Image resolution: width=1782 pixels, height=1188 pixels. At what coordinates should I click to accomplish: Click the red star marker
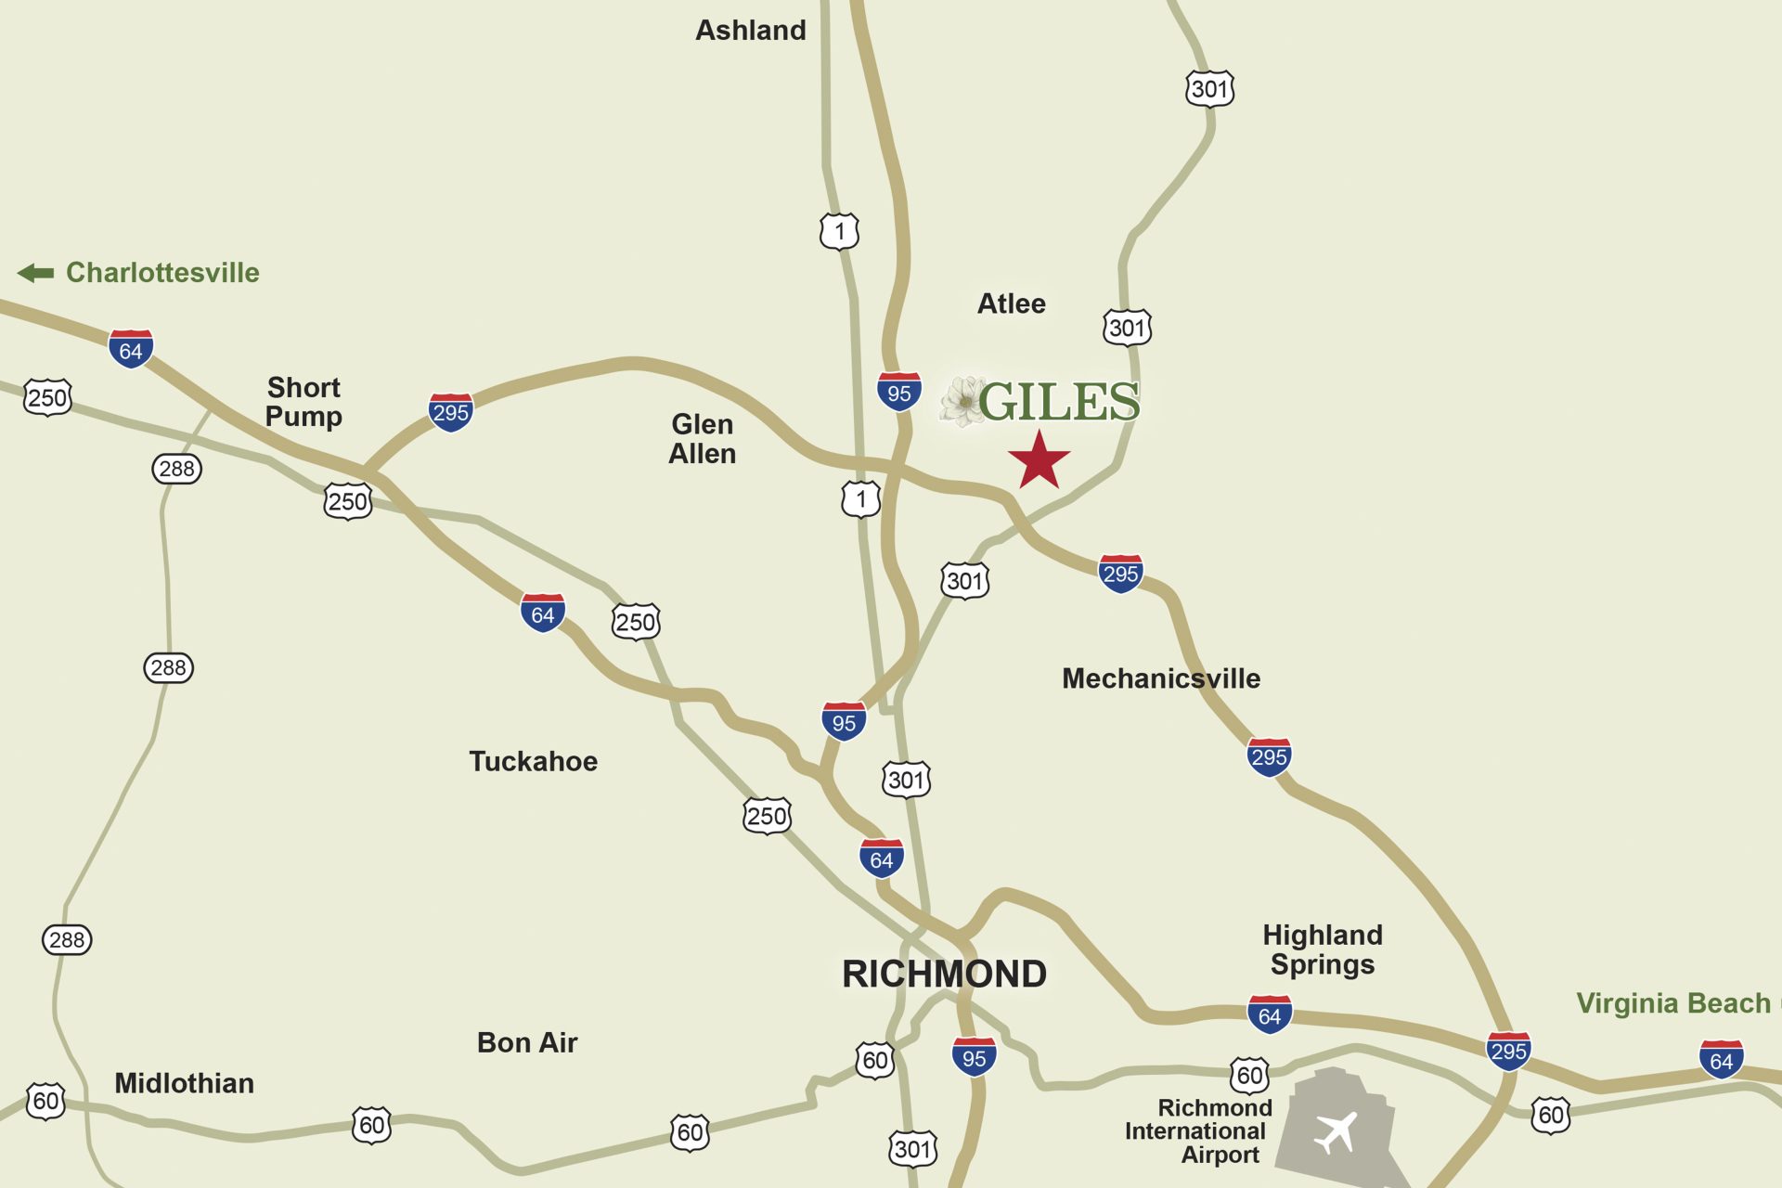click(x=1039, y=459)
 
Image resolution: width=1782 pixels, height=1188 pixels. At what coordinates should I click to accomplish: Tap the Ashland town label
click(x=750, y=31)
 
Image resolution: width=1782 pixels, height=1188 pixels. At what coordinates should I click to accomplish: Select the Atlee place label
click(x=1011, y=303)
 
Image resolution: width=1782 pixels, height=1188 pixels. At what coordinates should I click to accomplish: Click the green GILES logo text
click(x=1059, y=402)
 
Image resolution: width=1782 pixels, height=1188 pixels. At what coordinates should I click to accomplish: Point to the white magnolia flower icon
click(x=962, y=402)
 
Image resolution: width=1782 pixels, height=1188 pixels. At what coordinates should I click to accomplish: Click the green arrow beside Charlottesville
click(x=36, y=273)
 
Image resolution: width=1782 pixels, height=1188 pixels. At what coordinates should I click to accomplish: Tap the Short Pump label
click(x=303, y=402)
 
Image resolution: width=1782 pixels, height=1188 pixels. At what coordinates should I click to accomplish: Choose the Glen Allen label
click(x=703, y=439)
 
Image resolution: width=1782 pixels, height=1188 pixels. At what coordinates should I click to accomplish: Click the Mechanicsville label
click(x=1160, y=678)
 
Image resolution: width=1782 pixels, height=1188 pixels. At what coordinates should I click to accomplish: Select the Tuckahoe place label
click(x=533, y=761)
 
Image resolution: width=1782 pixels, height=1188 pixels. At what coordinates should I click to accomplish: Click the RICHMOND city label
click(x=944, y=975)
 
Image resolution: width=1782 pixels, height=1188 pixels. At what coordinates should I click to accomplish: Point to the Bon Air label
click(x=527, y=1042)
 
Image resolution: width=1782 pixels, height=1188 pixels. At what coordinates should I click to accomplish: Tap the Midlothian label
click(x=184, y=1083)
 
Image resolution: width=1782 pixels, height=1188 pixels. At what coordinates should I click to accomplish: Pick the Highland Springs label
click(x=1323, y=949)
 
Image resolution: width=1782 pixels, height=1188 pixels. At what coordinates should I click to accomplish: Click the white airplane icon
click(x=1336, y=1132)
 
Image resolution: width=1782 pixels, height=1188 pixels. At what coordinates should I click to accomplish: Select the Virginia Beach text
click(x=1673, y=1003)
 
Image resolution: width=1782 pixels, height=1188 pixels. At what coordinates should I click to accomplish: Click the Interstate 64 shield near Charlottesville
click(x=131, y=349)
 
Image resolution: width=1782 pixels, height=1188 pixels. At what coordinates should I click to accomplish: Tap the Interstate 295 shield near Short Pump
click(x=451, y=411)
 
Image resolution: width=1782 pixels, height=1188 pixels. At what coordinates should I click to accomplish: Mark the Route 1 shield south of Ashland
click(x=839, y=231)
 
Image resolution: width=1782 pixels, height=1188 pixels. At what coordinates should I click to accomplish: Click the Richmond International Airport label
click(x=1197, y=1131)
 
